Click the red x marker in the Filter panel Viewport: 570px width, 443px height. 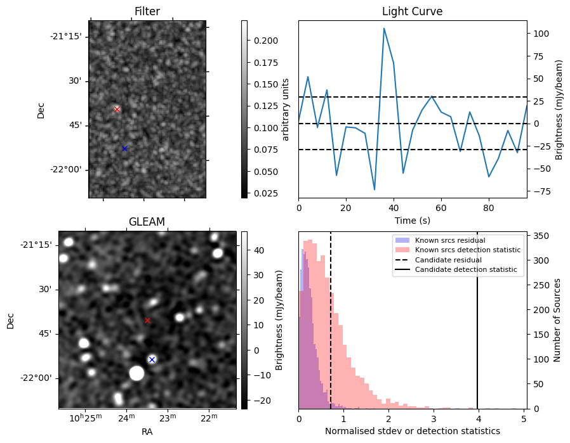pos(117,109)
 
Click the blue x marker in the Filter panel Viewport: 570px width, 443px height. pos(124,148)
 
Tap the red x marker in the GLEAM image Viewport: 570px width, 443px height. pos(147,320)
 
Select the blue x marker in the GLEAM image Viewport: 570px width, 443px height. pos(152,359)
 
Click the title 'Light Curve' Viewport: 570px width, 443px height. pos(412,11)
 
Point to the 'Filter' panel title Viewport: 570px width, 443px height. pos(147,11)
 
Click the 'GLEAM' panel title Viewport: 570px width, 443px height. pos(147,222)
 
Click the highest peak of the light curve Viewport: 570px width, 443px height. pos(384,28)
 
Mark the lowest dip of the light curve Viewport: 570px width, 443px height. pos(374,189)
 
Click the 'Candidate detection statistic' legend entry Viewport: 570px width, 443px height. pos(465,270)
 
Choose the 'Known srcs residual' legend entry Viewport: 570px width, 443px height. pos(449,240)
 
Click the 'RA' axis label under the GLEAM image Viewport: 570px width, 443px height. pos(147,432)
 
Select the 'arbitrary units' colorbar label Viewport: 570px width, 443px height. pos(286,109)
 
